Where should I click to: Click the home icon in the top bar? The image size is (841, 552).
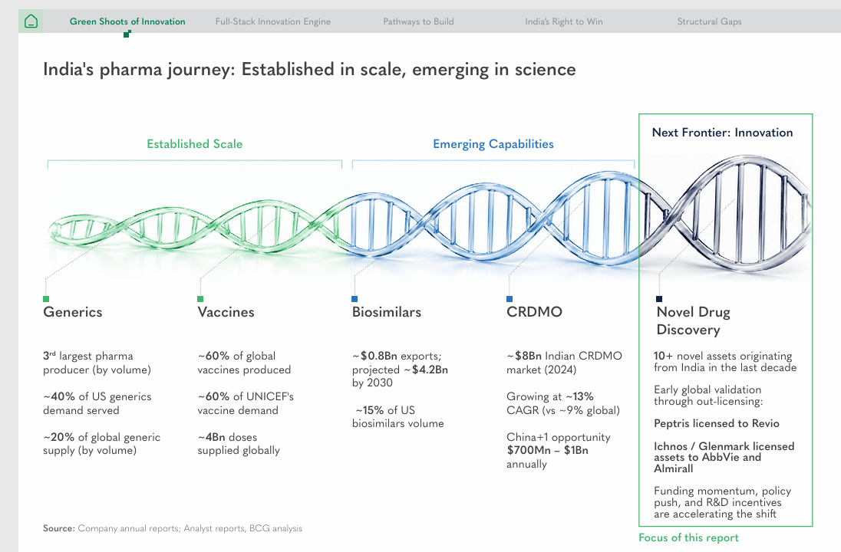click(x=31, y=21)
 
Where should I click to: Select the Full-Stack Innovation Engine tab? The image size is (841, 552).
click(x=273, y=21)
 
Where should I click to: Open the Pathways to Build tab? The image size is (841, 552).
click(x=418, y=21)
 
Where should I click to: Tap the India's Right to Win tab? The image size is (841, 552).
click(x=564, y=21)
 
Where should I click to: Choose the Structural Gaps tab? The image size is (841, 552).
click(x=709, y=21)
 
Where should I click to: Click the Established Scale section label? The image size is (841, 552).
click(x=195, y=143)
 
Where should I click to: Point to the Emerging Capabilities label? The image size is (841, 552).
click(x=493, y=143)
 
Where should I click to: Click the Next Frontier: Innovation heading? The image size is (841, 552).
click(x=723, y=133)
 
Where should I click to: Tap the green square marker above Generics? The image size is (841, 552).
click(x=46, y=299)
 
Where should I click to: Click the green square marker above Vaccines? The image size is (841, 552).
click(x=200, y=299)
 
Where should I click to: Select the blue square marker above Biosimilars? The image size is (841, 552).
click(x=355, y=299)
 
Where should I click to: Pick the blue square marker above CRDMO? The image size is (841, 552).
click(x=510, y=299)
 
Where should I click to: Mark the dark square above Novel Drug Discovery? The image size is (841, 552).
click(x=659, y=299)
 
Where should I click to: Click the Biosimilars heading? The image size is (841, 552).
click(x=387, y=312)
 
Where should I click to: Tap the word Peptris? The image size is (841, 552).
click(x=671, y=423)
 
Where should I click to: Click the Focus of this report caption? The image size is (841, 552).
click(x=688, y=537)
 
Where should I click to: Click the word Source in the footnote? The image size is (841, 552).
click(x=59, y=528)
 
